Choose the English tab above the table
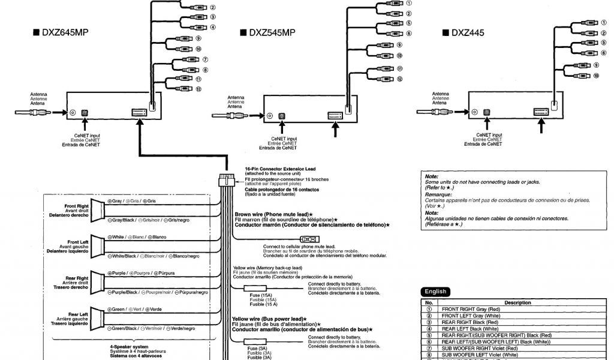pyautogui.click(x=436, y=292)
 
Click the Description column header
pyautogui.click(x=517, y=303)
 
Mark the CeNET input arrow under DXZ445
pyautogui.click(x=487, y=125)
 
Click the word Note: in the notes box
pyautogui.click(x=432, y=177)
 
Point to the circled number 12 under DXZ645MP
pyautogui.click(x=197, y=89)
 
